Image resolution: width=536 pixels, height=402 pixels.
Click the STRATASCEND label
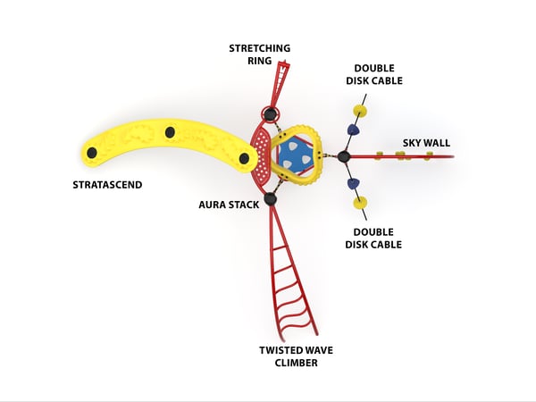pyautogui.click(x=107, y=186)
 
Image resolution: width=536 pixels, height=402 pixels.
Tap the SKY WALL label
pyautogui.click(x=426, y=142)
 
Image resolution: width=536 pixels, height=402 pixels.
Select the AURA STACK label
pyautogui.click(x=229, y=205)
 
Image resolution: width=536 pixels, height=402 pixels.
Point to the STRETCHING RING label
pyautogui.click(x=259, y=54)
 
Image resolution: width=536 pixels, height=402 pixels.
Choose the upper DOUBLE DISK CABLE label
pyautogui.click(x=378, y=74)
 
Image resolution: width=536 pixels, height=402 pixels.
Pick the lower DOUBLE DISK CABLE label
pyautogui.click(x=378, y=238)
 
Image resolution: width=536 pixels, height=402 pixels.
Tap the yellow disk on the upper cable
pyautogui.click(x=360, y=112)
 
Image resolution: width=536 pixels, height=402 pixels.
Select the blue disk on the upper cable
pyautogui.click(x=354, y=130)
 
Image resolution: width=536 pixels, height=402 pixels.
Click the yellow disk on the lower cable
pyautogui.click(x=361, y=203)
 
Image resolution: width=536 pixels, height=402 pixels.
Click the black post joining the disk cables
pyautogui.click(x=343, y=157)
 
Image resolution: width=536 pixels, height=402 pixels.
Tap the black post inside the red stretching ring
pyautogui.click(x=270, y=113)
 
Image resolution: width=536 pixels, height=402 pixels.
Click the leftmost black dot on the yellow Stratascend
pyautogui.click(x=91, y=151)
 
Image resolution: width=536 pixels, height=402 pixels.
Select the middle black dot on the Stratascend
pyautogui.click(x=170, y=132)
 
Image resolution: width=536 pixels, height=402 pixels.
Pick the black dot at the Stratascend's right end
pyautogui.click(x=244, y=158)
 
